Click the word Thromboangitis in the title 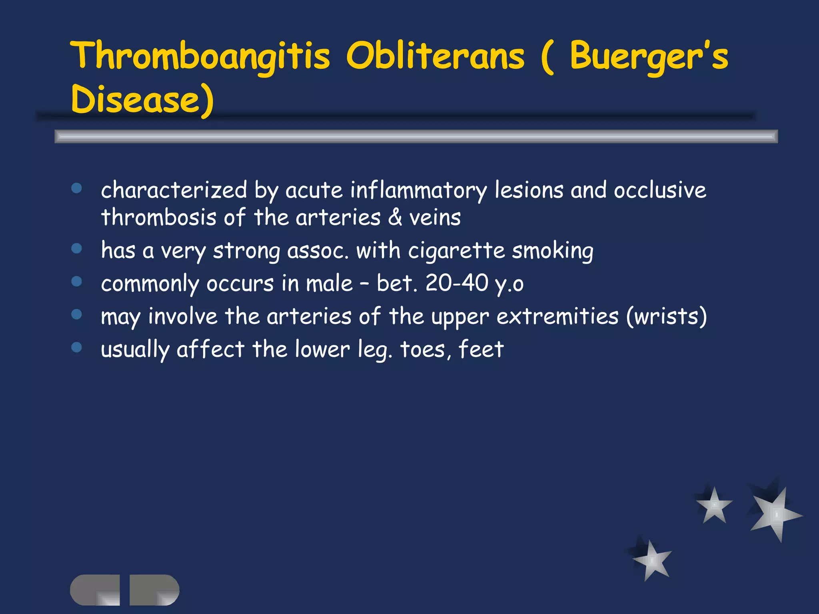(x=200, y=56)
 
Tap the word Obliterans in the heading (x=435, y=56)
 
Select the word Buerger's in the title (x=649, y=56)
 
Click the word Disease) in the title (x=142, y=99)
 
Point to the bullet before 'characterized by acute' (x=76, y=188)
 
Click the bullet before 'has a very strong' (x=76, y=249)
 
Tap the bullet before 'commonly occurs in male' (x=76, y=282)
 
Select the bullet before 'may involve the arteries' (x=76, y=315)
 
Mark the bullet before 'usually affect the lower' (x=76, y=347)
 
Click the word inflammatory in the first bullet (x=418, y=190)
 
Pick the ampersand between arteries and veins (x=395, y=218)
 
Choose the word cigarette (x=456, y=251)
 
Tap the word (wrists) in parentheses (x=666, y=317)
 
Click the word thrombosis (x=158, y=218)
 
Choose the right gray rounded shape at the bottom (x=154, y=590)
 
